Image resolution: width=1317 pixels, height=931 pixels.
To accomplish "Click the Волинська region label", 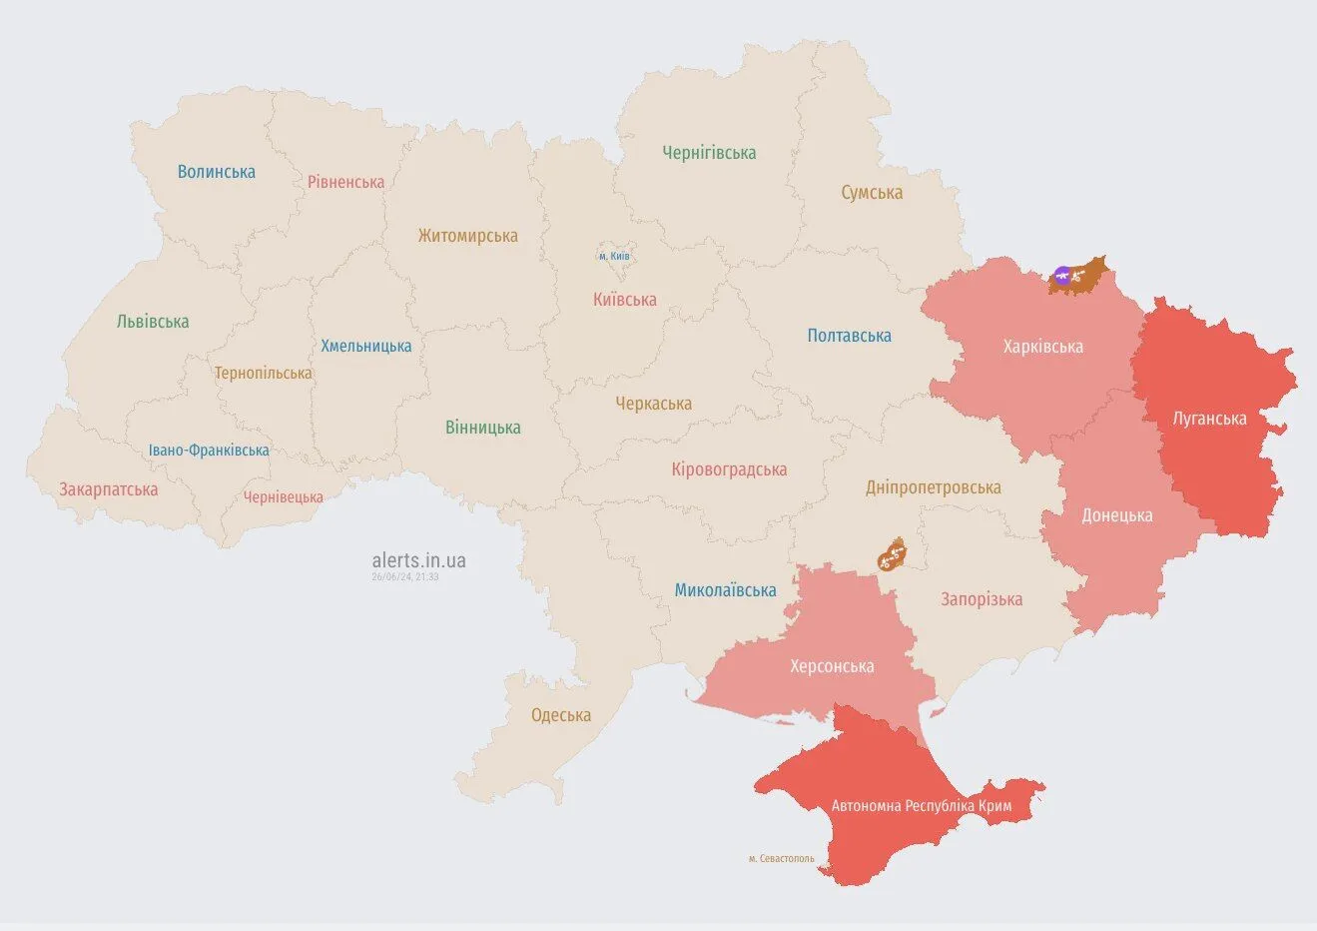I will pyautogui.click(x=216, y=172).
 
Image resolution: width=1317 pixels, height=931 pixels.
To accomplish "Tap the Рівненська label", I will pyautogui.click(x=345, y=182).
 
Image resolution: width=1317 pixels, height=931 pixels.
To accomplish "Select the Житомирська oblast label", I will pyautogui.click(x=467, y=236).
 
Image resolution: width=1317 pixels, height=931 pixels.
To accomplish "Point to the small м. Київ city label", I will pyautogui.click(x=614, y=257).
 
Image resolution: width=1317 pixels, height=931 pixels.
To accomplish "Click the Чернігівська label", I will pyautogui.click(x=709, y=153).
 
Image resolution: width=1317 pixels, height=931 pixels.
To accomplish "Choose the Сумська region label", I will pyautogui.click(x=871, y=193).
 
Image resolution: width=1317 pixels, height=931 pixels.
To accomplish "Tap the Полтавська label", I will pyautogui.click(x=849, y=336).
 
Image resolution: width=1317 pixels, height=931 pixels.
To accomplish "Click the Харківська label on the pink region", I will pyautogui.click(x=1042, y=347).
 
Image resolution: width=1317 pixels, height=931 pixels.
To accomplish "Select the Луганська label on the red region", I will pyautogui.click(x=1209, y=419).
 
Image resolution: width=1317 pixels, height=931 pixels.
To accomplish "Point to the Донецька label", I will pyautogui.click(x=1116, y=515).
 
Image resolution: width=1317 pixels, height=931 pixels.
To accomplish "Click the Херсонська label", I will pyautogui.click(x=832, y=666).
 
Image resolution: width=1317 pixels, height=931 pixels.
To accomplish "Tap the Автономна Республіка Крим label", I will pyautogui.click(x=921, y=805).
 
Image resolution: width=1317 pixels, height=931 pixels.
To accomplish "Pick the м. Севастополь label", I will pyautogui.click(x=781, y=858).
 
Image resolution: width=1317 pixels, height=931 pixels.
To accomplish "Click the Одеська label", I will pyautogui.click(x=560, y=715).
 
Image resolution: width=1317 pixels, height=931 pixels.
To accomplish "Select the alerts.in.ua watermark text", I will pyautogui.click(x=418, y=560).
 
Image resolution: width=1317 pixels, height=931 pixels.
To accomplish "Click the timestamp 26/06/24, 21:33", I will pyautogui.click(x=404, y=577).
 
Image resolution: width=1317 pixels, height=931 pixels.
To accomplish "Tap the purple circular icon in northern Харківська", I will pyautogui.click(x=1062, y=276).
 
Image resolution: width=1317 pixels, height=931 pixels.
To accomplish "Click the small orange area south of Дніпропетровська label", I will pyautogui.click(x=891, y=555).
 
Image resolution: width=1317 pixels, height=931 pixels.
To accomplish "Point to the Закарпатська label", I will pyautogui.click(x=108, y=489).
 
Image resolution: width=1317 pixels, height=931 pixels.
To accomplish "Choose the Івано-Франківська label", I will pyautogui.click(x=209, y=451).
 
